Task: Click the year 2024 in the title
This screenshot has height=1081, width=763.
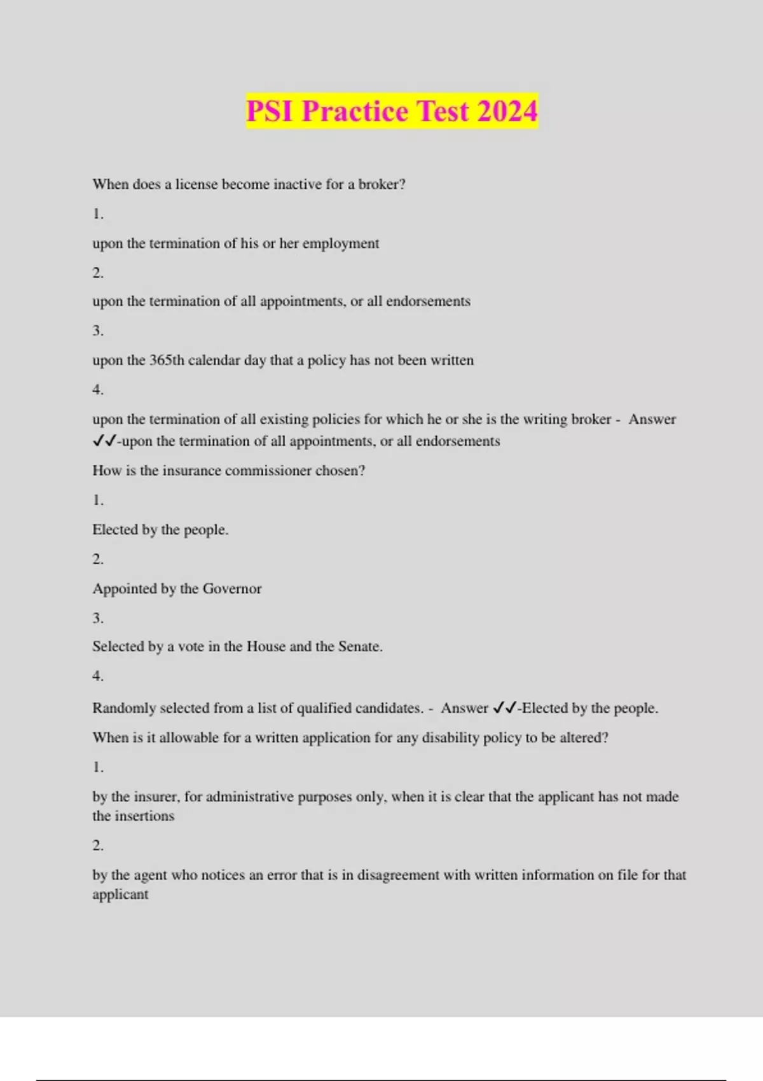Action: [507, 111]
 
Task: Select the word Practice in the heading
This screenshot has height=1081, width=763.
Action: [355, 111]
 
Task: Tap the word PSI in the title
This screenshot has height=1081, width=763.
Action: [270, 111]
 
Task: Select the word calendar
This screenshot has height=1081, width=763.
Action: [214, 361]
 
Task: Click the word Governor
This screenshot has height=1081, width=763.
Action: [232, 589]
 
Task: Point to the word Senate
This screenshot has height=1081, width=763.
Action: [360, 647]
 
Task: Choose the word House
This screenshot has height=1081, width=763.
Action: [266, 647]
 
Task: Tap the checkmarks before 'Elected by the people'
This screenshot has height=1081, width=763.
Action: [505, 708]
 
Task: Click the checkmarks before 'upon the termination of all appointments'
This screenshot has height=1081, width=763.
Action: [104, 441]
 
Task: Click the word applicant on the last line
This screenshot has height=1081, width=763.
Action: [120, 895]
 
